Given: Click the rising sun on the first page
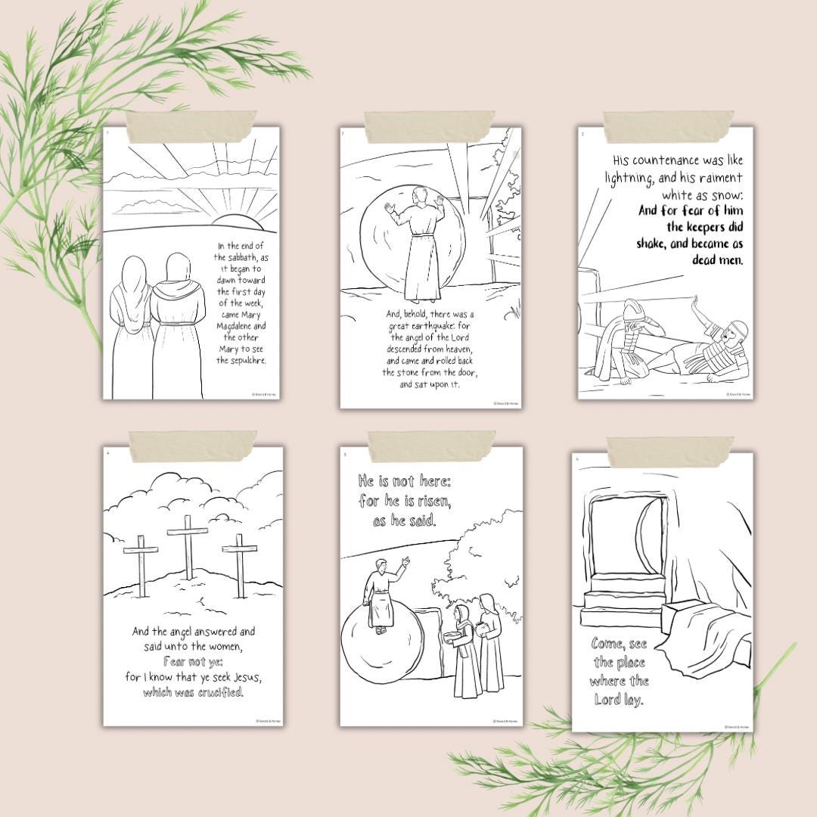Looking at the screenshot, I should pos(236,221).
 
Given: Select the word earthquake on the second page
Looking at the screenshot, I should pos(434,325).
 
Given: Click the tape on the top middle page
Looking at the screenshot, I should pos(430,127).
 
